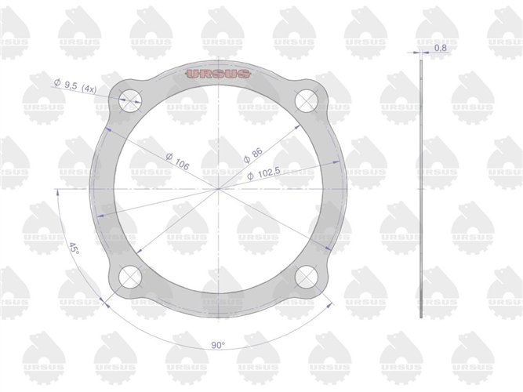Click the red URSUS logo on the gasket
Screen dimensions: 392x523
pos(218,74)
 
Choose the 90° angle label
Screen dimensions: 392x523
pos(218,344)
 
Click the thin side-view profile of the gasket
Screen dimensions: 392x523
pos(421,188)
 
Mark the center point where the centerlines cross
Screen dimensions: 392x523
pos(218,188)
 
